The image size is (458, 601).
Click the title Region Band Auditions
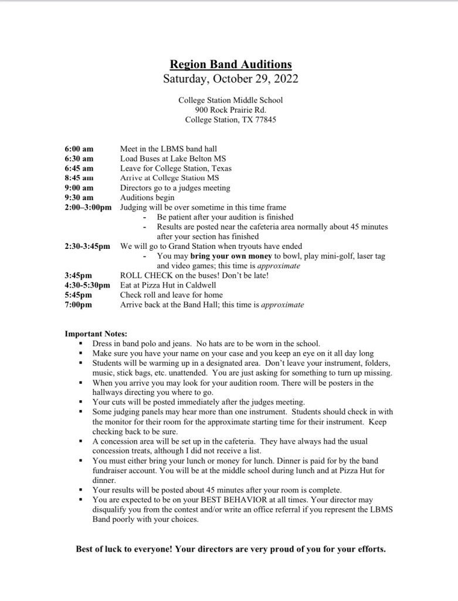point(230,65)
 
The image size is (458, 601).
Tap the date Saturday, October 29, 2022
point(230,79)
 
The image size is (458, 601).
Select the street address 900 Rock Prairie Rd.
point(230,110)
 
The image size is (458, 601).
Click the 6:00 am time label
point(79,149)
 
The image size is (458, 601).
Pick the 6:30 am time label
point(79,158)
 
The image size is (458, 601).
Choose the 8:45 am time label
point(79,178)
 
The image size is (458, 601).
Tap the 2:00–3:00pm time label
point(88,207)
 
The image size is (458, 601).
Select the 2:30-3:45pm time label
point(87,246)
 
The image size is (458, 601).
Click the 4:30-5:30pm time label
point(87,285)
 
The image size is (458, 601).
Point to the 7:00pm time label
point(78,305)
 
